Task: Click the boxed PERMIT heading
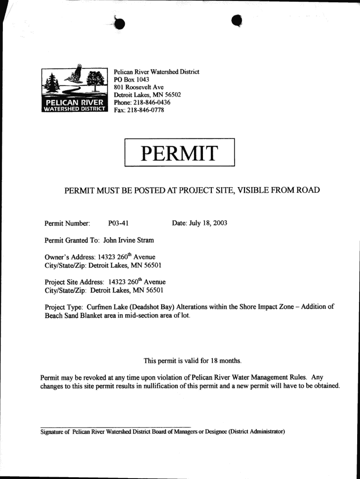point(180,152)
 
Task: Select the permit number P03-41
point(118,223)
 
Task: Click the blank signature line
point(115,426)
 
